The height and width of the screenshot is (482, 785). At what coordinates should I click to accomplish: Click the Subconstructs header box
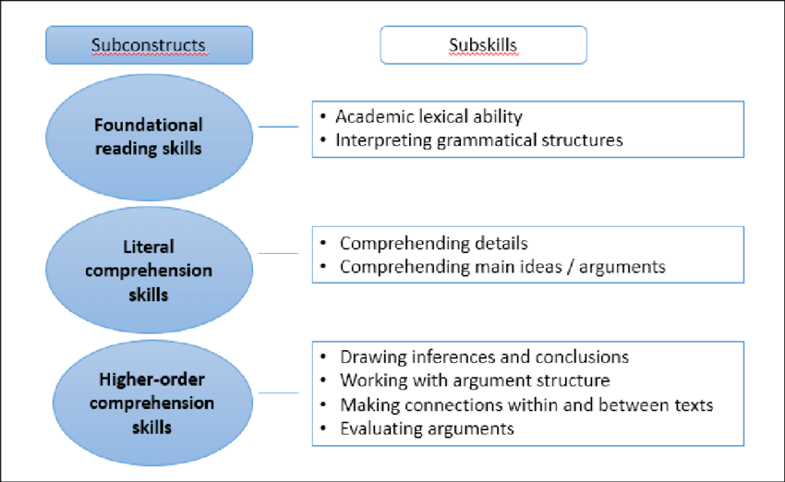(148, 44)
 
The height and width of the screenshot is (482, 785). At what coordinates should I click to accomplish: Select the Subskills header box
(483, 44)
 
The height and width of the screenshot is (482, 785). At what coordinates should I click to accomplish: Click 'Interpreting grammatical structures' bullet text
(478, 140)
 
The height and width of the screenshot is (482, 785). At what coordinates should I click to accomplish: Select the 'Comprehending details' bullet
(433, 244)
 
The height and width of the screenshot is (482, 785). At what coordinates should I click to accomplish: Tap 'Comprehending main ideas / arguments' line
(502, 268)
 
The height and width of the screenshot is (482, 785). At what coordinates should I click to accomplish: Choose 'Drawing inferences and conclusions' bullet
(484, 356)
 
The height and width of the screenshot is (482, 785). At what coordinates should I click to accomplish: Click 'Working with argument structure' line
(475, 380)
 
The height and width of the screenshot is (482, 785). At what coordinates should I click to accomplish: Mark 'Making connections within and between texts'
(526, 404)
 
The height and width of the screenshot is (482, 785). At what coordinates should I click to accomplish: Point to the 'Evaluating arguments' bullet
(427, 428)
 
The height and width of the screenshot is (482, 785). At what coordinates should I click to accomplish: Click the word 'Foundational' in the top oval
(149, 125)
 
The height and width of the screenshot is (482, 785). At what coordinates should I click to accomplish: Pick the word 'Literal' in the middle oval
(149, 247)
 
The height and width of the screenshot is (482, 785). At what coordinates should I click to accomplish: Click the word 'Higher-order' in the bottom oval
(149, 380)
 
